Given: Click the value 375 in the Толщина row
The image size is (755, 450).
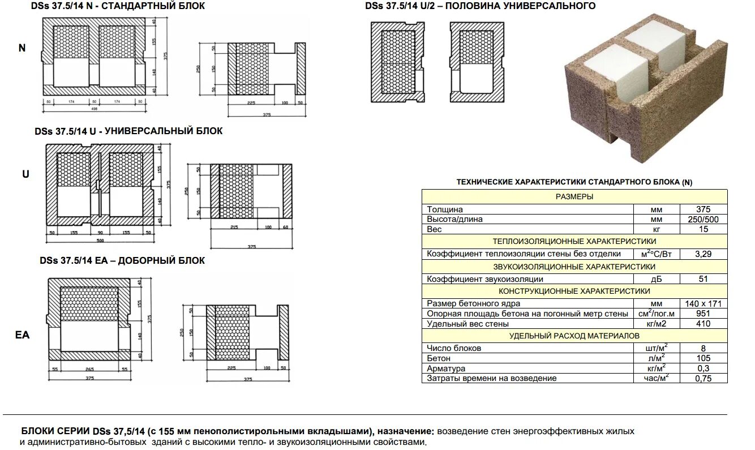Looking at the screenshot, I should click(x=703, y=209).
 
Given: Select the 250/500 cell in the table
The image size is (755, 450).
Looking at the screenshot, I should click(x=703, y=219).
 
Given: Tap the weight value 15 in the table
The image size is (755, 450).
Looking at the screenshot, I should click(x=703, y=229).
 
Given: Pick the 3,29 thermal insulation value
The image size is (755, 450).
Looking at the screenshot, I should click(x=703, y=254).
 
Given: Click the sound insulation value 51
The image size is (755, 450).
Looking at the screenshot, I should click(x=703, y=279).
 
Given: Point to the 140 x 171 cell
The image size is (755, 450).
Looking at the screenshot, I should click(x=703, y=304).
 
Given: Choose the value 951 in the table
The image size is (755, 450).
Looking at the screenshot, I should click(x=703, y=314).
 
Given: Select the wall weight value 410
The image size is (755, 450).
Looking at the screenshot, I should click(x=703, y=324).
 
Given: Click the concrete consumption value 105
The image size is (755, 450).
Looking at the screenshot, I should click(x=703, y=358).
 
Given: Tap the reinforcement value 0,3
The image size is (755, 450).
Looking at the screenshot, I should click(x=703, y=368).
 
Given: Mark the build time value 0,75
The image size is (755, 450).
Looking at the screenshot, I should click(x=703, y=379).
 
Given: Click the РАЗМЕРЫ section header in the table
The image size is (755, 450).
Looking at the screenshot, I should click(x=574, y=197).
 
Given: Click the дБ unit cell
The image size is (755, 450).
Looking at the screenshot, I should click(x=657, y=279).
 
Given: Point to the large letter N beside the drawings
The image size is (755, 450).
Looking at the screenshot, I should click(x=22, y=48).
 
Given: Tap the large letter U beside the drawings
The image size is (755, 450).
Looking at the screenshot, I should click(x=25, y=174).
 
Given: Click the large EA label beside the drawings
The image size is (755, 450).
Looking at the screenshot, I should click(x=22, y=335).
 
